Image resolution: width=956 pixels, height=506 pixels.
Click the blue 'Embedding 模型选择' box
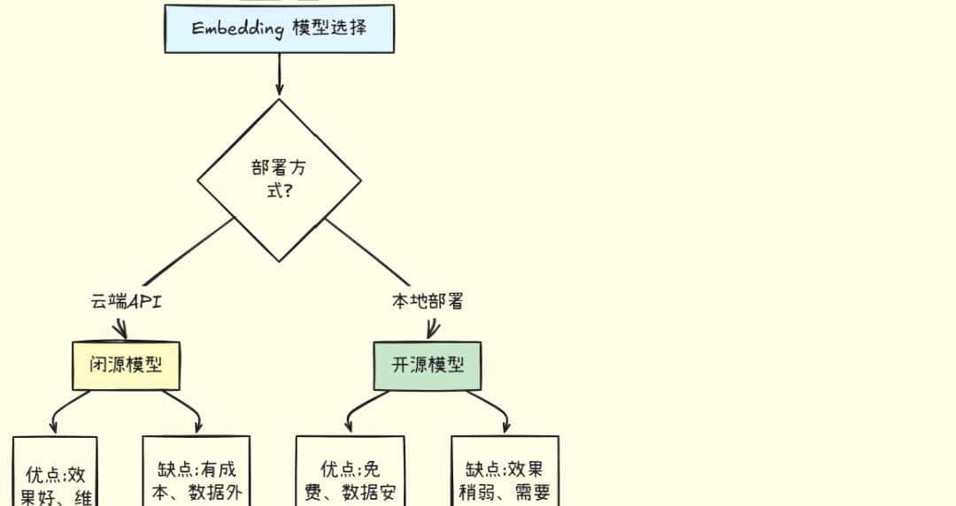pos(279,28)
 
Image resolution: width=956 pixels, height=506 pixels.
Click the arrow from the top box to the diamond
pos(279,74)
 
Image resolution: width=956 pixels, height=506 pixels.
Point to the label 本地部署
pos(428,302)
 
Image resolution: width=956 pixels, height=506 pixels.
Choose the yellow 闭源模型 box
pos(126,365)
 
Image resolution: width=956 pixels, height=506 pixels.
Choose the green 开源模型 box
pos(428,365)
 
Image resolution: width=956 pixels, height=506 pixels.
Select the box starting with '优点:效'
pos(55,473)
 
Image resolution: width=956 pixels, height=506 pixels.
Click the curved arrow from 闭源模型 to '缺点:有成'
pos(186,403)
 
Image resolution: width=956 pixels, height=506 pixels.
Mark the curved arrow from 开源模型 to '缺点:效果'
pos(491,403)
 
